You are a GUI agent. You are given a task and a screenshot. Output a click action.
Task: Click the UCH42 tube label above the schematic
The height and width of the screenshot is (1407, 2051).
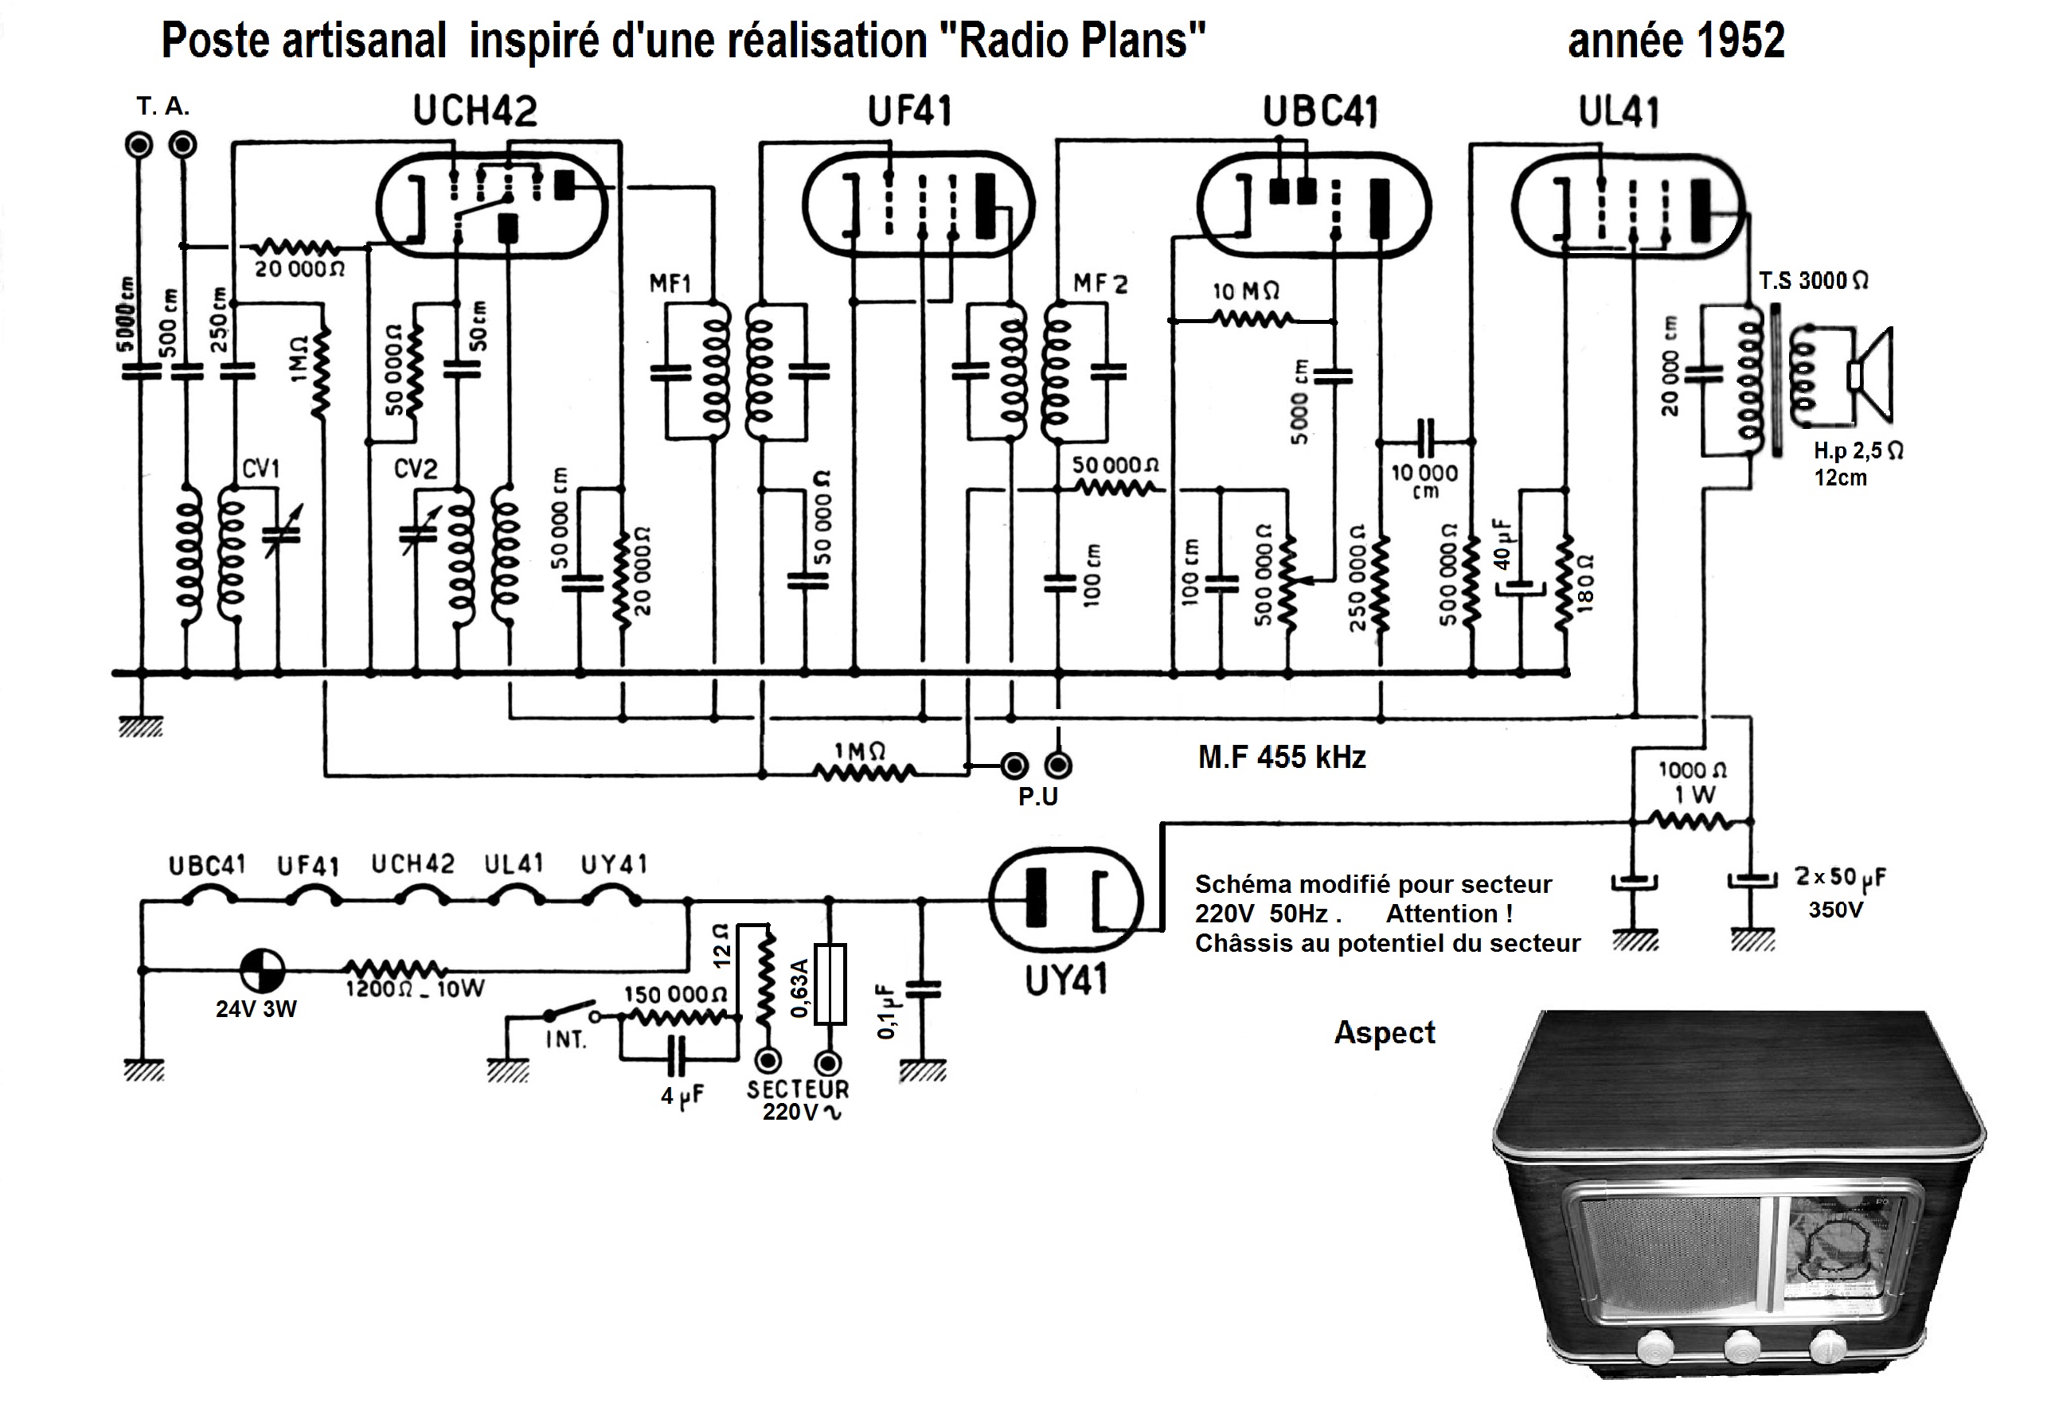point(475,112)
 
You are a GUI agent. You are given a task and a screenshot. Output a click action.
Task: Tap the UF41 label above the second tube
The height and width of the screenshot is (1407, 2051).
point(910,112)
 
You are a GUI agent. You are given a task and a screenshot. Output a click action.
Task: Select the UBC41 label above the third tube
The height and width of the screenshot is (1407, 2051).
point(1320,112)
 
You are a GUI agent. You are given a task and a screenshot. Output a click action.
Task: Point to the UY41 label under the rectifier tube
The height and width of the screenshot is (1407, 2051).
point(1065,980)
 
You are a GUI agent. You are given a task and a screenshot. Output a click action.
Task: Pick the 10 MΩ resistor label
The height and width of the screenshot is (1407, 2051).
point(1246,291)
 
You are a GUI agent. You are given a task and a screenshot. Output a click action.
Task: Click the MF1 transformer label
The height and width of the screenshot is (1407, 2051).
point(670,284)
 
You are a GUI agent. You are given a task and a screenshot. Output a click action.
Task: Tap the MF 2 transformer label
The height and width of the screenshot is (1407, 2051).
point(1100,284)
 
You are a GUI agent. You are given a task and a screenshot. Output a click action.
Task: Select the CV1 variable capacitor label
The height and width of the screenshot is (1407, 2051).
point(261,469)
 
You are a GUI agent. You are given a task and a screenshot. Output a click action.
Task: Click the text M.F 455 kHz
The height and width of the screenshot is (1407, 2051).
point(1281,757)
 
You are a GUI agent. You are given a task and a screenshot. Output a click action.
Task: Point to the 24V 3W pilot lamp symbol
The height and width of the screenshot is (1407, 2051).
point(262,970)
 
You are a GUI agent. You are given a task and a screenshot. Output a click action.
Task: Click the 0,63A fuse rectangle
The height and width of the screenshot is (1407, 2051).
point(830,984)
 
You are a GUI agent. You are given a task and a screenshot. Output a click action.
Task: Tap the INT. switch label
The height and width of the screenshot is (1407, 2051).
point(566,1040)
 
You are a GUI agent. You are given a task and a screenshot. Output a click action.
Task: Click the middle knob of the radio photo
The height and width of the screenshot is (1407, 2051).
point(1742,1347)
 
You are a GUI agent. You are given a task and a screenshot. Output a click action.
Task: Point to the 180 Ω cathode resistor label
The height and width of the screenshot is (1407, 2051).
point(1586,583)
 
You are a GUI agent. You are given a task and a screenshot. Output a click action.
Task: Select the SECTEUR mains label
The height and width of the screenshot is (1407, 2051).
point(798,1089)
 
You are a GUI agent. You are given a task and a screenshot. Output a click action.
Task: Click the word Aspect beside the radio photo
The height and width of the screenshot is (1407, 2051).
point(1384,1033)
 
